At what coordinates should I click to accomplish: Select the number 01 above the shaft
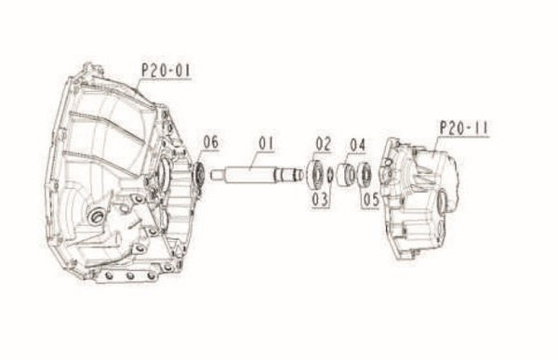click(267, 143)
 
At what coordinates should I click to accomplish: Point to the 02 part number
click(323, 142)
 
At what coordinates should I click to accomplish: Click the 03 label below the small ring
click(320, 197)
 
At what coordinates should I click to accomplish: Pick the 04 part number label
click(357, 145)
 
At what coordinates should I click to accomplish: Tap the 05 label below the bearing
click(371, 197)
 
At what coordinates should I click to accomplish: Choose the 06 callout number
click(211, 142)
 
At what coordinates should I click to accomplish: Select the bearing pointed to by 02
click(317, 173)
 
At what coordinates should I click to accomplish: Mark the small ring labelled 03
click(331, 174)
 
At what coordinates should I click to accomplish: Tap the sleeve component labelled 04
click(347, 174)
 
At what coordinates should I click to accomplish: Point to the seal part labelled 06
click(197, 173)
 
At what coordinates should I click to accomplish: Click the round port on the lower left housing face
click(94, 217)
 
